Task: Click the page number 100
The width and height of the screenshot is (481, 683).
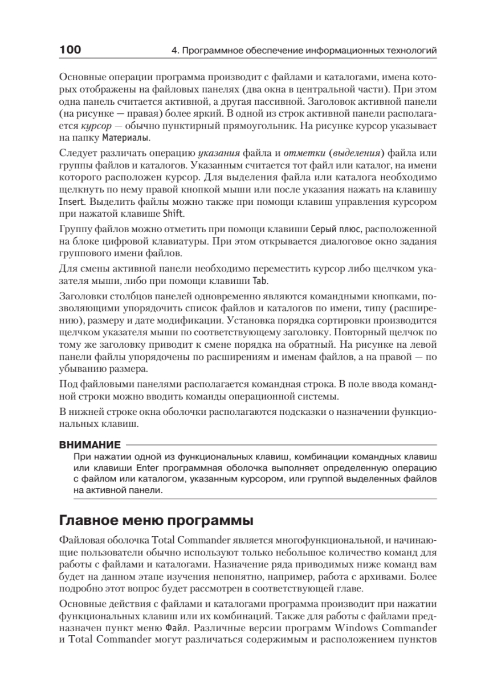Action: tap(70, 50)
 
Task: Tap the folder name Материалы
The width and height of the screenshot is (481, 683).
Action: tap(127, 138)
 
